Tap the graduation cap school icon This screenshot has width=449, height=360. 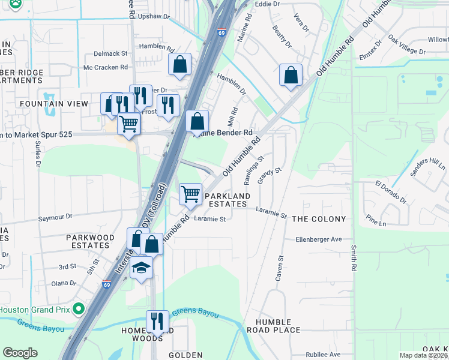[x=141, y=267]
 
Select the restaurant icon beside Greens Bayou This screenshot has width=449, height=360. [x=157, y=320]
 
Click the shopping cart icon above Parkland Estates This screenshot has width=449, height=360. [x=191, y=194]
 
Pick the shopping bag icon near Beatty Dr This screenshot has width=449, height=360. [x=291, y=76]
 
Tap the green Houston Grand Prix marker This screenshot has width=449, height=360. [x=78, y=310]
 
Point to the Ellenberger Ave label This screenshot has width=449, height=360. [x=318, y=239]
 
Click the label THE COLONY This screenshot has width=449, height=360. [x=319, y=220]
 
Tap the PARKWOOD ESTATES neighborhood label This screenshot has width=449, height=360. [x=90, y=242]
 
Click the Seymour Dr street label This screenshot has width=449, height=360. [x=55, y=217]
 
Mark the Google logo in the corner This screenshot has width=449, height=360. [x=20, y=353]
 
